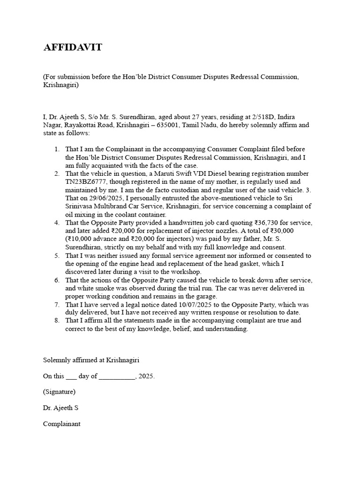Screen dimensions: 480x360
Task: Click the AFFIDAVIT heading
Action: [x=73, y=47]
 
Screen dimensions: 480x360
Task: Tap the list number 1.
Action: [x=56, y=149]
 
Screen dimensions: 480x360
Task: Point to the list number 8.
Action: [x=56, y=321]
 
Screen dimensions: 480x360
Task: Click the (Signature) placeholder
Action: [x=59, y=392]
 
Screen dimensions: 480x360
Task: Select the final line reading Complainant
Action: [x=62, y=424]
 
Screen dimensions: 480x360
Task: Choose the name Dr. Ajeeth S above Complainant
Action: [x=61, y=408]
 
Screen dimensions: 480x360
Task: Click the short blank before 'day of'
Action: [x=71, y=376]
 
